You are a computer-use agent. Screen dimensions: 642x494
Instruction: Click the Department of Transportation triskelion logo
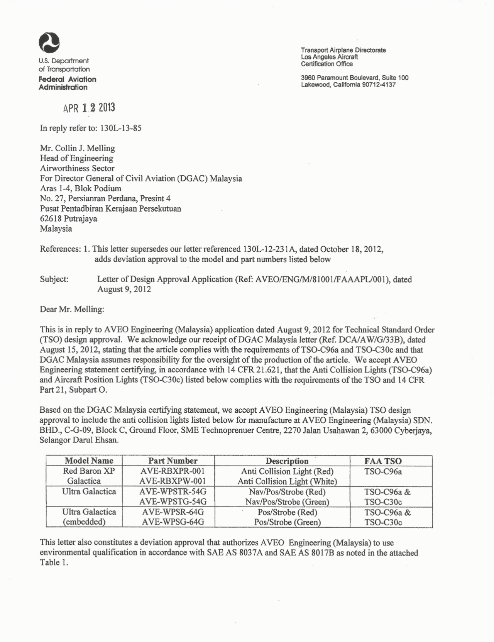click(x=49, y=43)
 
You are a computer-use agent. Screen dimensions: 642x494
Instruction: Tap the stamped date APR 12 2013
click(x=89, y=108)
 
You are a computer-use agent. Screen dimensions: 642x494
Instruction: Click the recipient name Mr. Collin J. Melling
click(x=78, y=148)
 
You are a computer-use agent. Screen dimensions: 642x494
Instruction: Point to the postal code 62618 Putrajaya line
click(x=69, y=219)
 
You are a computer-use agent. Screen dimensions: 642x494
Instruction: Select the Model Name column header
click(x=89, y=461)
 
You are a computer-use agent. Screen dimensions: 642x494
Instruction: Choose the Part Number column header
click(x=173, y=461)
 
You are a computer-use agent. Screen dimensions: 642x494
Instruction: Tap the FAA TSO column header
click(x=383, y=461)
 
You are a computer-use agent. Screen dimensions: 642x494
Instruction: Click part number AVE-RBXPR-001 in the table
click(x=173, y=471)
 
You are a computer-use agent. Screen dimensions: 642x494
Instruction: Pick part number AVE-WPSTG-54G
click(x=173, y=502)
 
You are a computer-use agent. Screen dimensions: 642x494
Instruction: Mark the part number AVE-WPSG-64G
click(x=173, y=522)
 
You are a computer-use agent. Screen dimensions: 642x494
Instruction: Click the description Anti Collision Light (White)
click(x=287, y=481)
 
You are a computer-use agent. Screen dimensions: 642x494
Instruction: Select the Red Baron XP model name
click(x=89, y=471)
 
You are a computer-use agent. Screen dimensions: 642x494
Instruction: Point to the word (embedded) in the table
click(x=84, y=522)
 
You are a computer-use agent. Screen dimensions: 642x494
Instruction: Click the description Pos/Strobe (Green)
click(x=287, y=522)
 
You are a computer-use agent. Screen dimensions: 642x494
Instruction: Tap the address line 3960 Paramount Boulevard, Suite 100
click(x=354, y=78)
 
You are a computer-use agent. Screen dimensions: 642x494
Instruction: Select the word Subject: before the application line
click(x=54, y=279)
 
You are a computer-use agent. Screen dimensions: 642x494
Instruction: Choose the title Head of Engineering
click(x=77, y=158)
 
